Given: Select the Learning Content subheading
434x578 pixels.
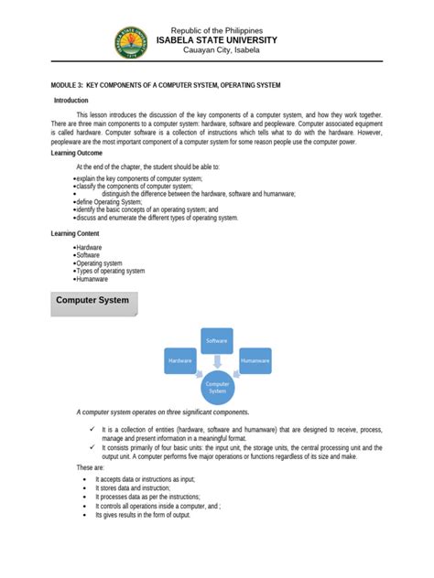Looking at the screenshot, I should point(80,233).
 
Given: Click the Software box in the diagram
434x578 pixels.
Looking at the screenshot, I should point(217,340).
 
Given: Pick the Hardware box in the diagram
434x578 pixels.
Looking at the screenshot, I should point(179,361).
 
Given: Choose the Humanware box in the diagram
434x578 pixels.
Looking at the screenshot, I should point(255,361).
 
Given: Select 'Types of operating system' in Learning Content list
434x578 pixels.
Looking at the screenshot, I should point(110,271).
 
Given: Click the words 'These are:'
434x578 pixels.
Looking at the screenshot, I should point(90,467).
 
